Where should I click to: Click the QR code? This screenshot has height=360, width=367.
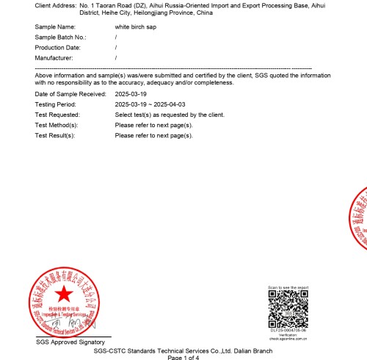point(287,309)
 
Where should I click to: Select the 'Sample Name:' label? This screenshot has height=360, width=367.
point(55,26)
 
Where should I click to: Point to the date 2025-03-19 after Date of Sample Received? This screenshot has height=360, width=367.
point(131,95)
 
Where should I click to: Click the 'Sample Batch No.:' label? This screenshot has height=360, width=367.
point(61,37)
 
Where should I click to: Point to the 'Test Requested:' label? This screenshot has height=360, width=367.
point(57,115)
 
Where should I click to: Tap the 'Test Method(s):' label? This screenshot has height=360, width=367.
point(57,126)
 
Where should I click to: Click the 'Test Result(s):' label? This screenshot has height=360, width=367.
point(56,136)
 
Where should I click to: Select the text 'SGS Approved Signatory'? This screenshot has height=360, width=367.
point(70,342)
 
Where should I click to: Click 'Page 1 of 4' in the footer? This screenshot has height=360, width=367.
point(183,357)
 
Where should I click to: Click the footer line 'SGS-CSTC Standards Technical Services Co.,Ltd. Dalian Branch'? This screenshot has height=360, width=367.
point(183,350)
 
